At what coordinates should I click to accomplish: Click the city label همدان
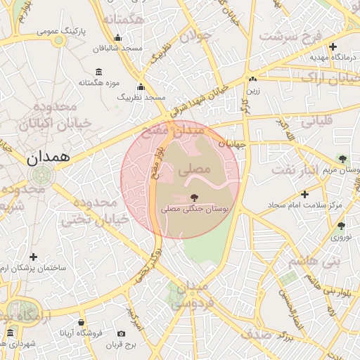pyautogui.click(x=49, y=158)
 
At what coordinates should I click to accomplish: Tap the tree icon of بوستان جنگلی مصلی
pyautogui.click(x=193, y=198)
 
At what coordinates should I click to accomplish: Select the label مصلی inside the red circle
pyautogui.click(x=195, y=169)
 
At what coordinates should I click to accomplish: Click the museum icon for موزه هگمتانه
pyautogui.click(x=98, y=72)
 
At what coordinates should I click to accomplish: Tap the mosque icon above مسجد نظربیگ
pyautogui.click(x=141, y=88)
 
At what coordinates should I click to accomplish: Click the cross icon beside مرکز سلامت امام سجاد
pyautogui.click(x=304, y=194)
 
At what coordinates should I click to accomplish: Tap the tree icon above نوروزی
pyautogui.click(x=341, y=226)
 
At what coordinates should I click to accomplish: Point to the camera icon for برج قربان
pyautogui.click(x=122, y=333)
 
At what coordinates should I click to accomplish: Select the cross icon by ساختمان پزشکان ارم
pyautogui.click(x=33, y=257)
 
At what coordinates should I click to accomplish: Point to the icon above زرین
pyautogui.click(x=252, y=79)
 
